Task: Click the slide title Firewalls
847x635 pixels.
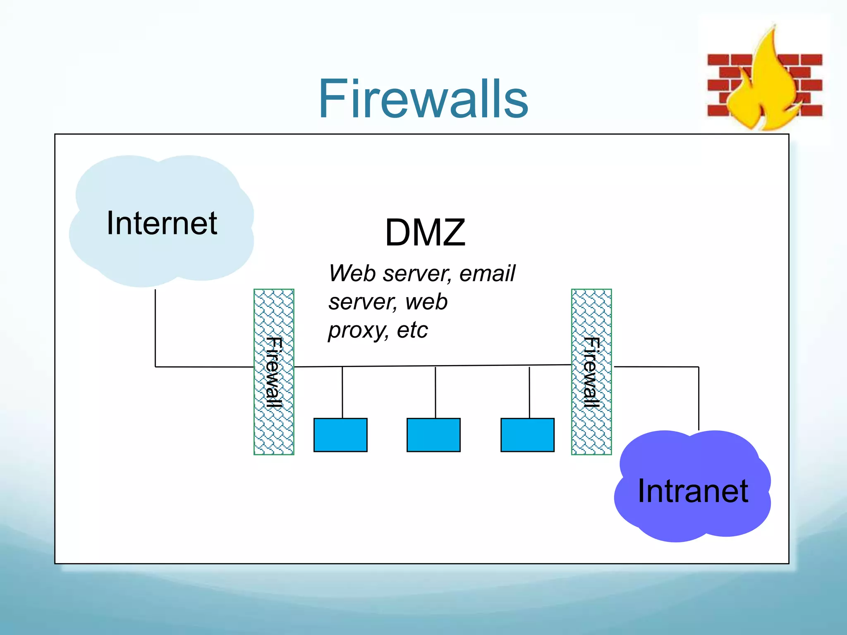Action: (423, 99)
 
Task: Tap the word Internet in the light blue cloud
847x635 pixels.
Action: (162, 223)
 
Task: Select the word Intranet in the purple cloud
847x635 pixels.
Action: (693, 491)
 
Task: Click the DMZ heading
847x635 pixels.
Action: (425, 232)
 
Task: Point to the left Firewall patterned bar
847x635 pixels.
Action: (274, 372)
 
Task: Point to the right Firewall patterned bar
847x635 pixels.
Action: (591, 372)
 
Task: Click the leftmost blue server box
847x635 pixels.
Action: (340, 435)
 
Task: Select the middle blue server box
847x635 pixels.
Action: (433, 435)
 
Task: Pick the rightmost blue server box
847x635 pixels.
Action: (527, 435)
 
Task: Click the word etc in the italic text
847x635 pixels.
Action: (412, 330)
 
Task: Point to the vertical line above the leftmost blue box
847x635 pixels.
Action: (342, 393)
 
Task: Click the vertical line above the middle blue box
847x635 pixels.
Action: (435, 393)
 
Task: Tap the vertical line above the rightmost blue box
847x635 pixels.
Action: (529, 393)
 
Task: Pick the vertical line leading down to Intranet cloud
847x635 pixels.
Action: (699, 397)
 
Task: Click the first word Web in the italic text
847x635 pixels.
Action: (352, 273)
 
